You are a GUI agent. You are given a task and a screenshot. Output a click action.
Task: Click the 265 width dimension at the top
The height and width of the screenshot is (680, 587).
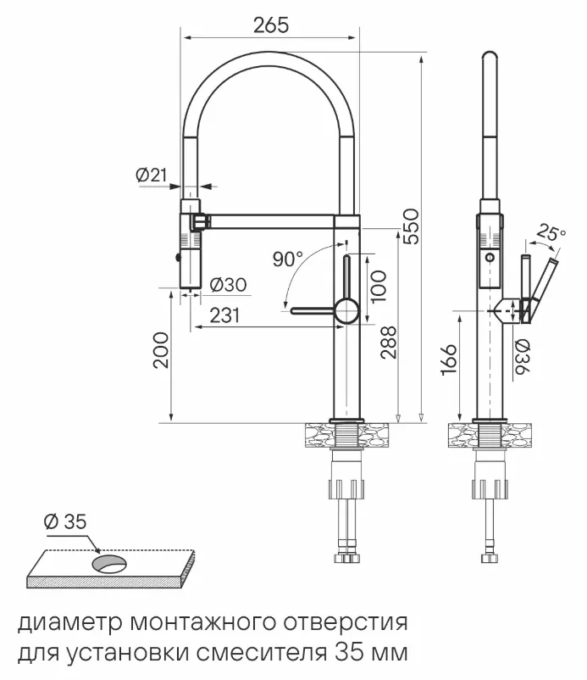click(271, 25)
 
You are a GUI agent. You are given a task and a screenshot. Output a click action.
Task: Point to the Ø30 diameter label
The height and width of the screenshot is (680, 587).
click(226, 285)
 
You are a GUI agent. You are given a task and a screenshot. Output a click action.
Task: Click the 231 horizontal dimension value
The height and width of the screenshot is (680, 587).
click(224, 315)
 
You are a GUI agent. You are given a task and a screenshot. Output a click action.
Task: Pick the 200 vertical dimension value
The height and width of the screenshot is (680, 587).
click(161, 349)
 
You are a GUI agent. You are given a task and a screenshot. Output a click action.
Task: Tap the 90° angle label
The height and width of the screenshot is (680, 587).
click(288, 259)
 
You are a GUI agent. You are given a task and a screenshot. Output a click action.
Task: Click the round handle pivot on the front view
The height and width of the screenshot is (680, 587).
click(346, 311)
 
